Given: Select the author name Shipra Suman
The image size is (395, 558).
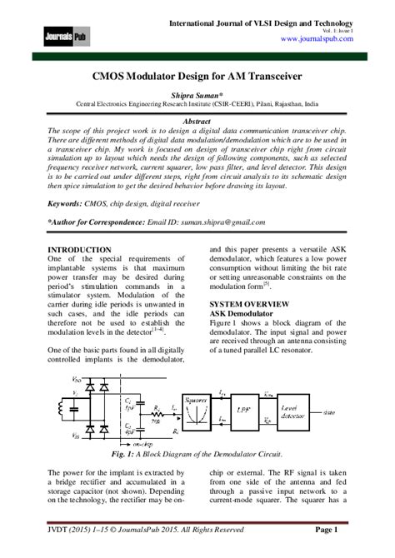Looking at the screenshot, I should [x=197, y=95].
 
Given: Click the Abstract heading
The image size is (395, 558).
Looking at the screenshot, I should [x=197, y=121].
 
